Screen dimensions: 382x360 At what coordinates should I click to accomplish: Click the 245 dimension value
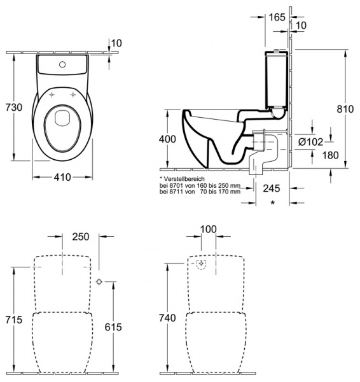click(x=272, y=188)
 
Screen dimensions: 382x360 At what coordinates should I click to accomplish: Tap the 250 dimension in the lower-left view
click(x=81, y=237)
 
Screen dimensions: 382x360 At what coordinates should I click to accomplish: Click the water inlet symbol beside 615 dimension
click(x=100, y=281)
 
